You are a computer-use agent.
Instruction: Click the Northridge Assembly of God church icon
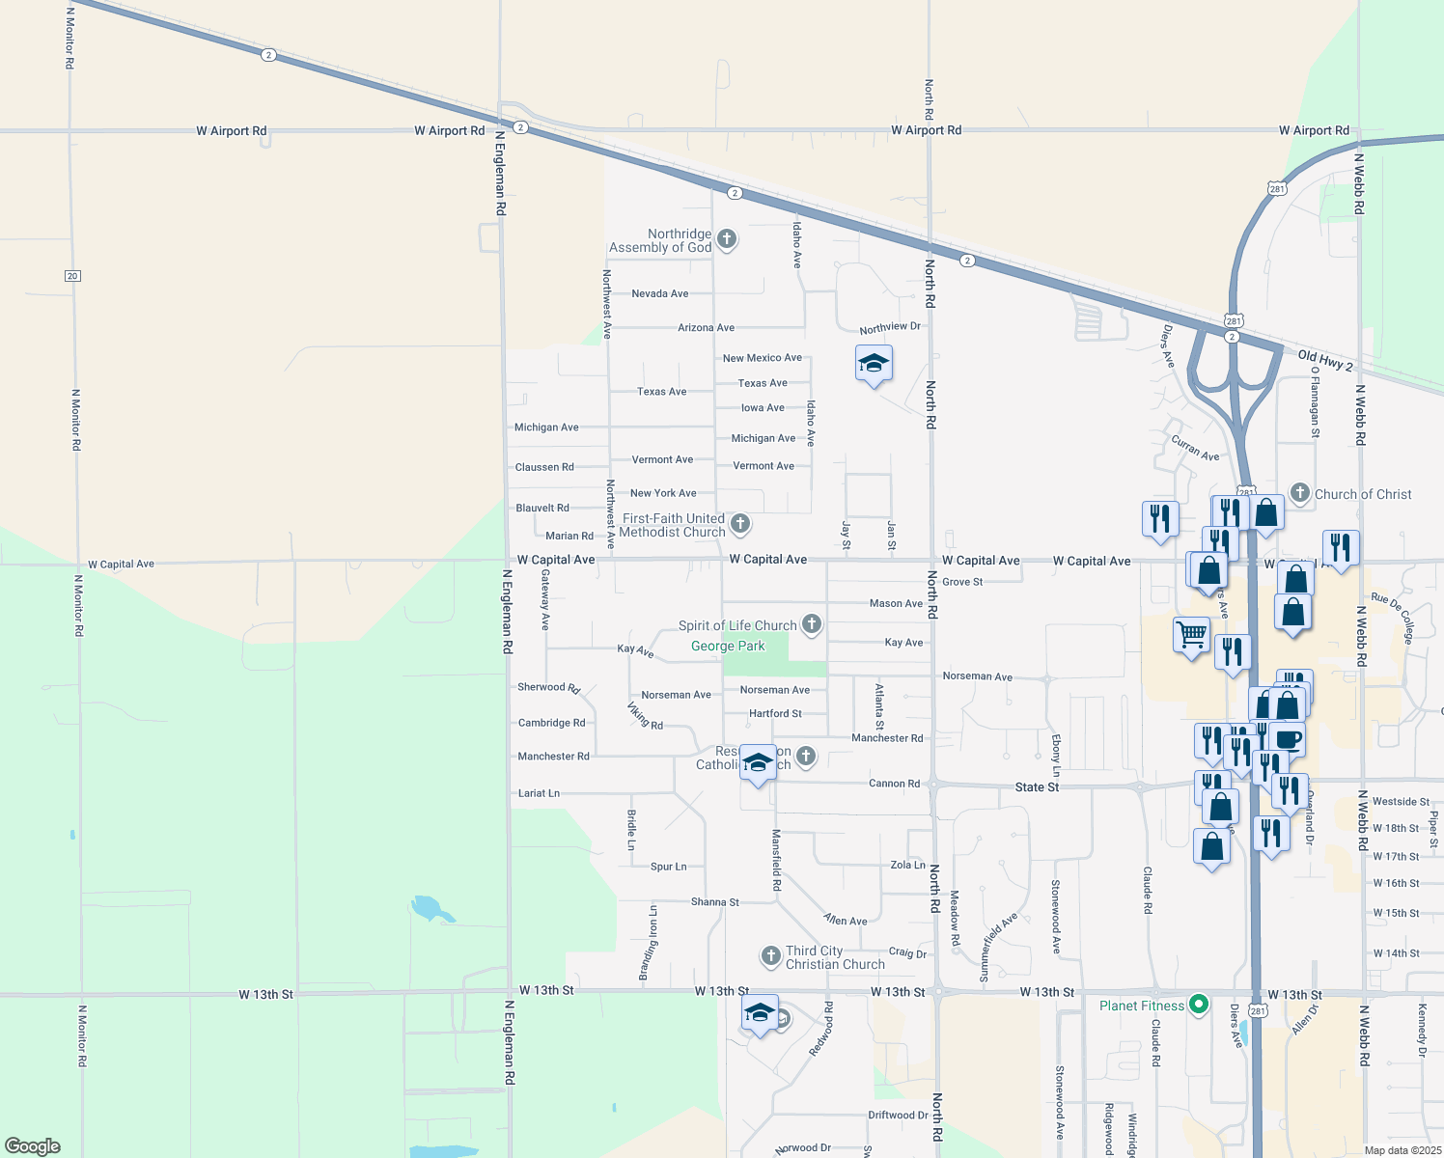click(727, 239)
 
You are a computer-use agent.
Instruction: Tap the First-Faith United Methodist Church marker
click(740, 524)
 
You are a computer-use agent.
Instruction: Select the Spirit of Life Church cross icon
click(812, 624)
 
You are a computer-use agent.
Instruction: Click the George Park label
click(728, 647)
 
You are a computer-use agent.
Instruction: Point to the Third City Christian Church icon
click(770, 956)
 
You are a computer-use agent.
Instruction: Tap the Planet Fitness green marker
click(1199, 1005)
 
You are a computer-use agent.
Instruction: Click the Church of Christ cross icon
click(1300, 493)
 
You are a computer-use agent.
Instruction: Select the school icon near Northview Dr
click(874, 364)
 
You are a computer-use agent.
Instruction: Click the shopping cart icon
click(1192, 635)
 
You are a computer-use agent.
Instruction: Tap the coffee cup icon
click(1288, 739)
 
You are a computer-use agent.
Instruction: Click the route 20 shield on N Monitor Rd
click(72, 276)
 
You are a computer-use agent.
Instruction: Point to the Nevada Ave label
click(660, 293)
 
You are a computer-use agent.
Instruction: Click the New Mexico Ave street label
click(763, 358)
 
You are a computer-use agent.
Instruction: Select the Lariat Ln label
click(539, 793)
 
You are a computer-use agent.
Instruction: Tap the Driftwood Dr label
click(898, 1116)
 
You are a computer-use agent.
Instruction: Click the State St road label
click(1037, 787)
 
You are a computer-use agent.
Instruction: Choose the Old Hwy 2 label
click(1325, 361)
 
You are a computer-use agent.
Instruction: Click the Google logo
click(33, 1146)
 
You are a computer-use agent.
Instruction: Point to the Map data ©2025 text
click(1402, 1150)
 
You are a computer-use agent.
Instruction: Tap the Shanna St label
click(715, 902)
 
